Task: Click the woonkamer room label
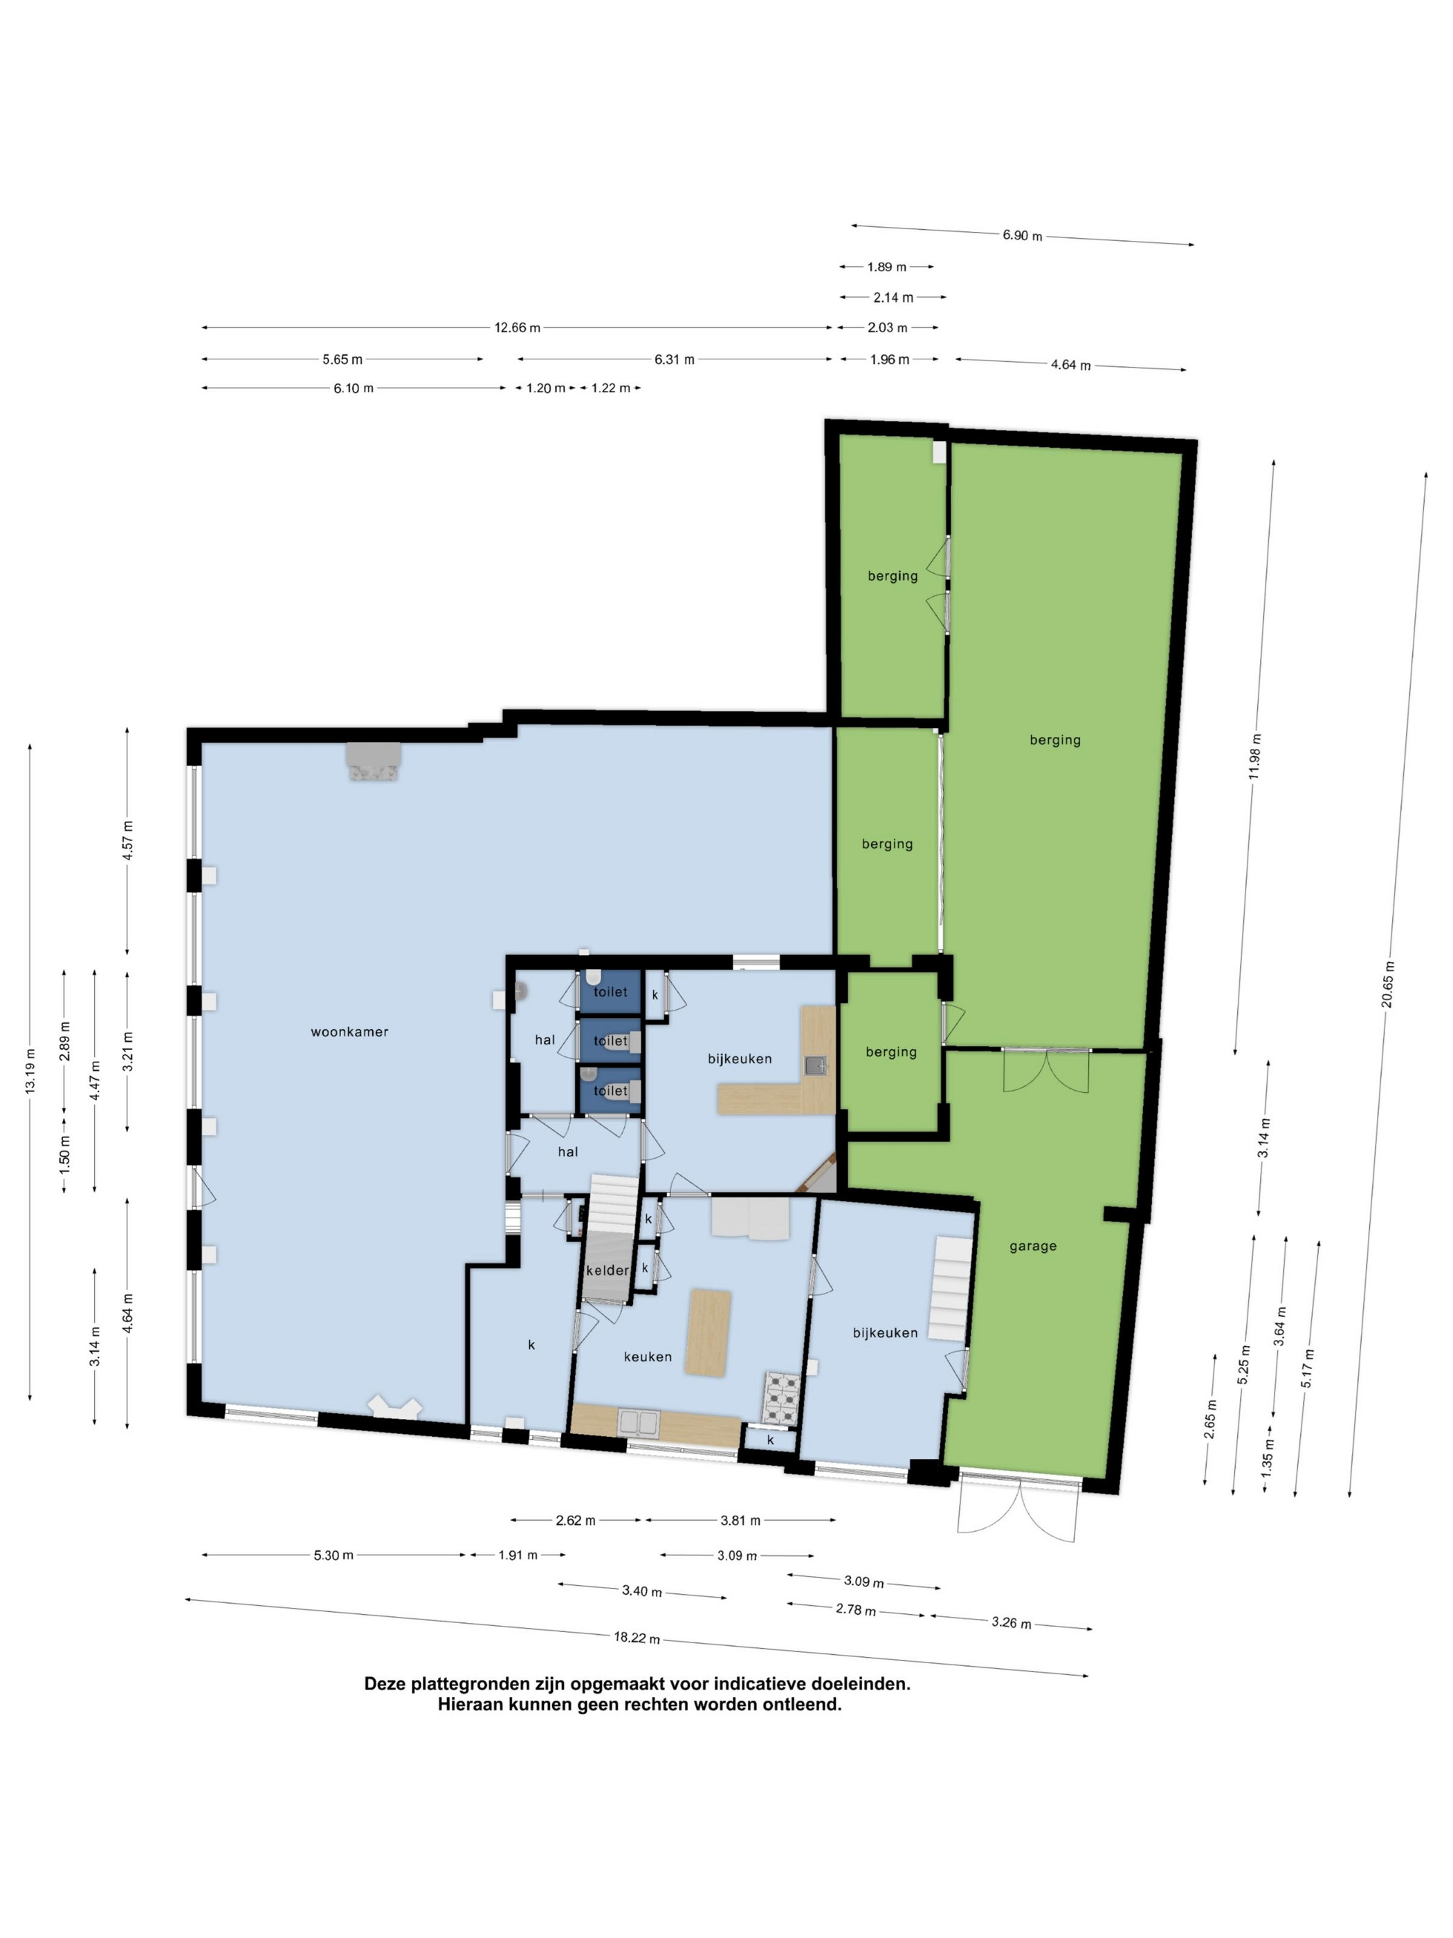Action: tap(349, 1031)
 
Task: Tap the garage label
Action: tap(1032, 1246)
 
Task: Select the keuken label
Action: tap(648, 1356)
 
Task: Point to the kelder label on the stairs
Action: tap(607, 1269)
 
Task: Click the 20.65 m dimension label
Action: tap(1387, 984)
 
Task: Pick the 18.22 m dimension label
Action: tap(637, 1637)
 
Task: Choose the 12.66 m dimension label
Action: tap(518, 327)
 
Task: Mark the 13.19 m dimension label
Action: tap(30, 1071)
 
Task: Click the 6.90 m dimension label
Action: tap(1022, 235)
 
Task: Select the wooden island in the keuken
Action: tap(709, 1332)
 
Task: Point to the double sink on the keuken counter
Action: tap(639, 1422)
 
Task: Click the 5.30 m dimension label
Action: tap(333, 1555)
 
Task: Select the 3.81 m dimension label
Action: tap(740, 1520)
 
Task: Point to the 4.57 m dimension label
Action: tap(128, 840)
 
